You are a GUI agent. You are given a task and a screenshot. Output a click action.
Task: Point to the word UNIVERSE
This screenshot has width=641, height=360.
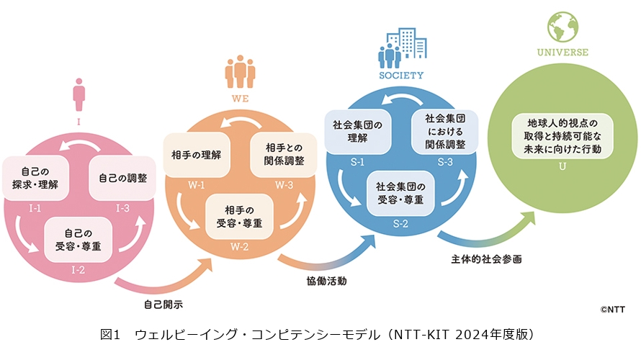[562, 53]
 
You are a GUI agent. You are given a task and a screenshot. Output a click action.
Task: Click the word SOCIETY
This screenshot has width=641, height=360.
[400, 75]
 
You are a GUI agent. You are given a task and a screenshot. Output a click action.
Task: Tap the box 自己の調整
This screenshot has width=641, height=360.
[121, 177]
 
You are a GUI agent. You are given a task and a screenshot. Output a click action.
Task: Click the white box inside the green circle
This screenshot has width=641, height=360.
[562, 136]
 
